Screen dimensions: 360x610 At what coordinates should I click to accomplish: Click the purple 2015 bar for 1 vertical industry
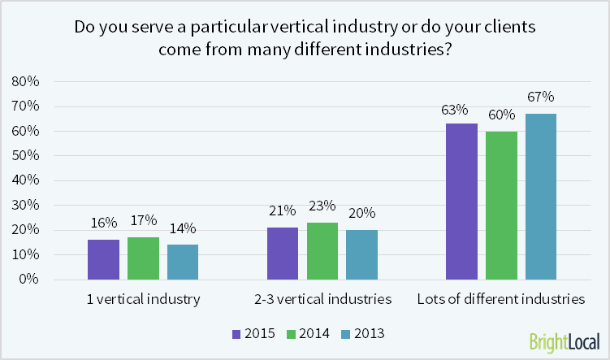coord(103,259)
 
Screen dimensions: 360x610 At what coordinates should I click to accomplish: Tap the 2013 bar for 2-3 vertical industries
coord(361,254)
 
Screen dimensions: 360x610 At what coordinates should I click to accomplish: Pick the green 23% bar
coord(322,250)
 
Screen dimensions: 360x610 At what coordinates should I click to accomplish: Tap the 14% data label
coord(183,228)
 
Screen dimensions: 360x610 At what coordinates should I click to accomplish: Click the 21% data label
coord(283,211)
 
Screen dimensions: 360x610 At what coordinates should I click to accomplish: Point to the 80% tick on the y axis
coord(25,81)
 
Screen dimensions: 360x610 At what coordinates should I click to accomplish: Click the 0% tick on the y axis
coord(28,280)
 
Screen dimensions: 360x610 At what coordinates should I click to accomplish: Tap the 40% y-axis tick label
coord(25,180)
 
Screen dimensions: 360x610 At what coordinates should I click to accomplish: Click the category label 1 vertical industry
coord(143,299)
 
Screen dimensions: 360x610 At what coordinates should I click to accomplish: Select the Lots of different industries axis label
coord(500,299)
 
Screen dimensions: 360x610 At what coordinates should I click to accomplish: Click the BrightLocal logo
coord(564,340)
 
